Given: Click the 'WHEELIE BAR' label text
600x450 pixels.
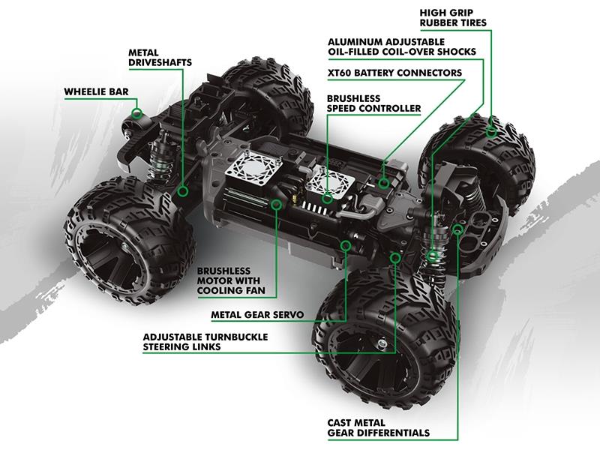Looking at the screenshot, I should (97, 92).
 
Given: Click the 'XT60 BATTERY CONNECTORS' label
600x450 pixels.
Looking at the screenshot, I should (395, 73).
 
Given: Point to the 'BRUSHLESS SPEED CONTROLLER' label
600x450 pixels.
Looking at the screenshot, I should (373, 103).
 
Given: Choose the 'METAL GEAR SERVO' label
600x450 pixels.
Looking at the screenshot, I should (257, 315).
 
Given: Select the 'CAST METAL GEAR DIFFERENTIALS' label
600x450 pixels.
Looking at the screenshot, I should (378, 427).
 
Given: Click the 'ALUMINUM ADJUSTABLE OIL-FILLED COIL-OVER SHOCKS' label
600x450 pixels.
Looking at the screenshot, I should (401, 46).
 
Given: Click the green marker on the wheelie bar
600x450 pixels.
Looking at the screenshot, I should (137, 113).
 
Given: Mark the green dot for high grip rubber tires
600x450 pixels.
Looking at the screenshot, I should (492, 132).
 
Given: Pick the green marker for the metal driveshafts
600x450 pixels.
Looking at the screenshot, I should (182, 190).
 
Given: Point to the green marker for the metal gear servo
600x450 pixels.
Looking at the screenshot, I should (346, 244).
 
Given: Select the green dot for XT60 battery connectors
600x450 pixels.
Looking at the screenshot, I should (384, 182).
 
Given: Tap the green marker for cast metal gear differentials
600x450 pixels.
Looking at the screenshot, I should (457, 229).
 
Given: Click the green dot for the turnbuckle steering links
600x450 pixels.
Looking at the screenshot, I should (395, 258).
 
